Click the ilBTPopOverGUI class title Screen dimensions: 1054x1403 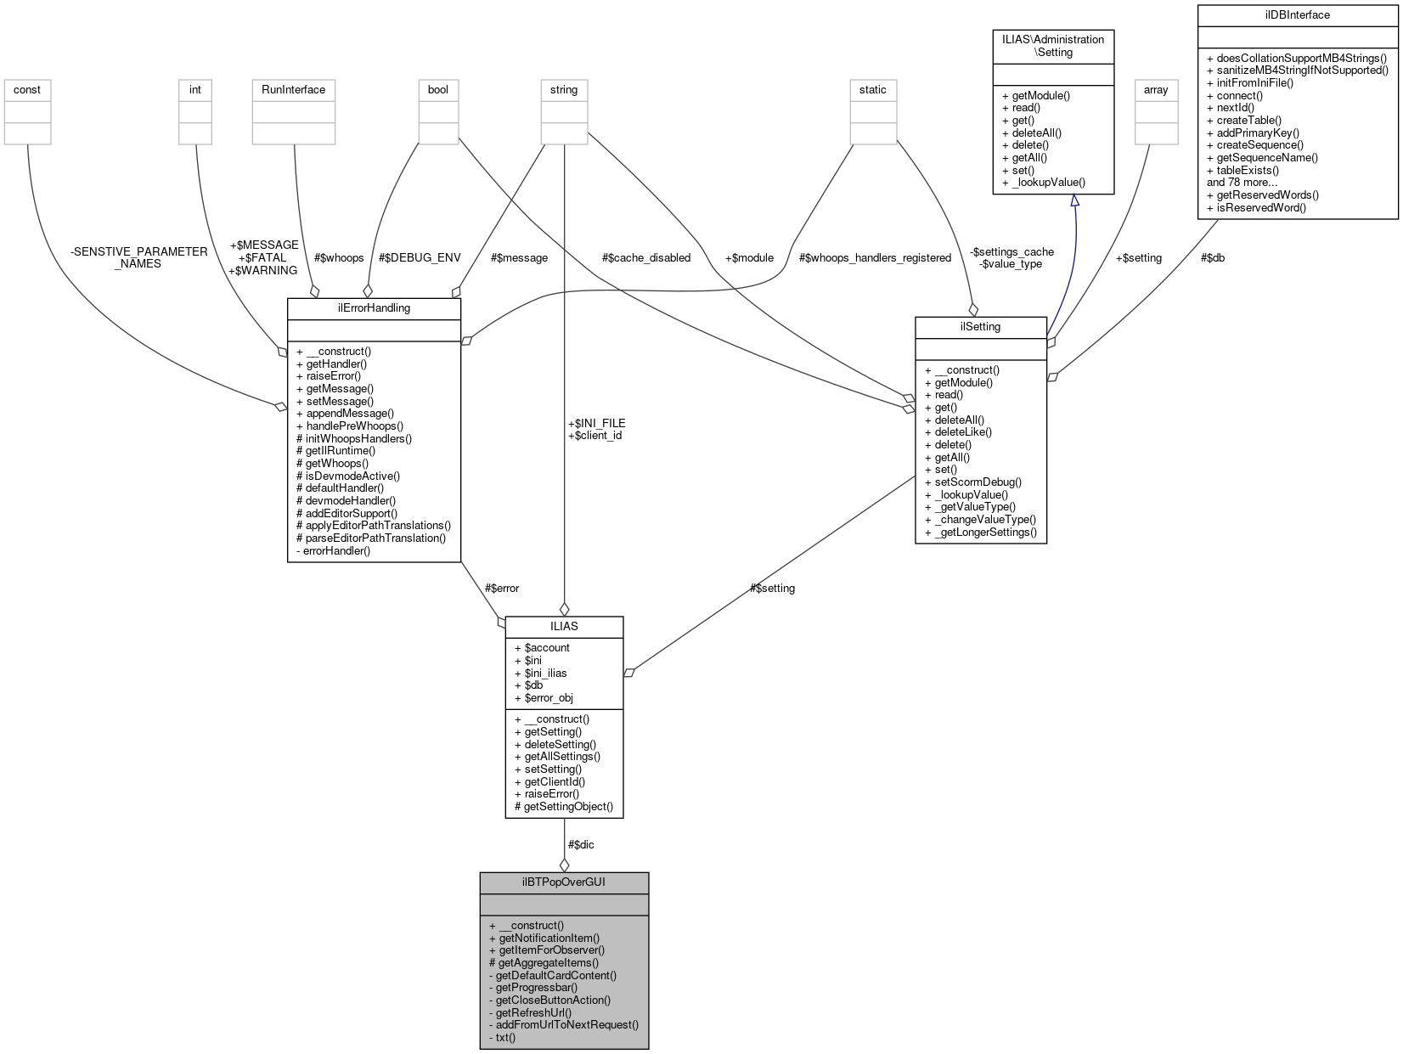coord(564,882)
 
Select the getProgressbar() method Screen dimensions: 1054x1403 coord(536,988)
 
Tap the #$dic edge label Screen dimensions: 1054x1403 coord(581,844)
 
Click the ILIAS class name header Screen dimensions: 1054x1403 coord(564,626)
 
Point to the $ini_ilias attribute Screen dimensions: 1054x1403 coord(545,673)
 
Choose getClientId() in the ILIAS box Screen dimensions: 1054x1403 coord(554,781)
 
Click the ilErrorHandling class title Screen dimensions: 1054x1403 coord(374,308)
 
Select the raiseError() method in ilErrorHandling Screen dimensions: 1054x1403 coord(333,375)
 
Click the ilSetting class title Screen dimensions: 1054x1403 coord(980,327)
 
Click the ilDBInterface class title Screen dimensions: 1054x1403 coord(1297,15)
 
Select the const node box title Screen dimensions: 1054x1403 coord(27,90)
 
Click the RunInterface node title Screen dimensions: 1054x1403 coord(294,90)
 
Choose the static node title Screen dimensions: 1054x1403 coord(872,90)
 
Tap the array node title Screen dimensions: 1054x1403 coord(1156,90)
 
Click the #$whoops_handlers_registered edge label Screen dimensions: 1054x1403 coord(875,258)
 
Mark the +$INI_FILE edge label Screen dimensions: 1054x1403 coord(596,423)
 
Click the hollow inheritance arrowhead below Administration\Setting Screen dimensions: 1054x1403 coord(1074,200)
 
